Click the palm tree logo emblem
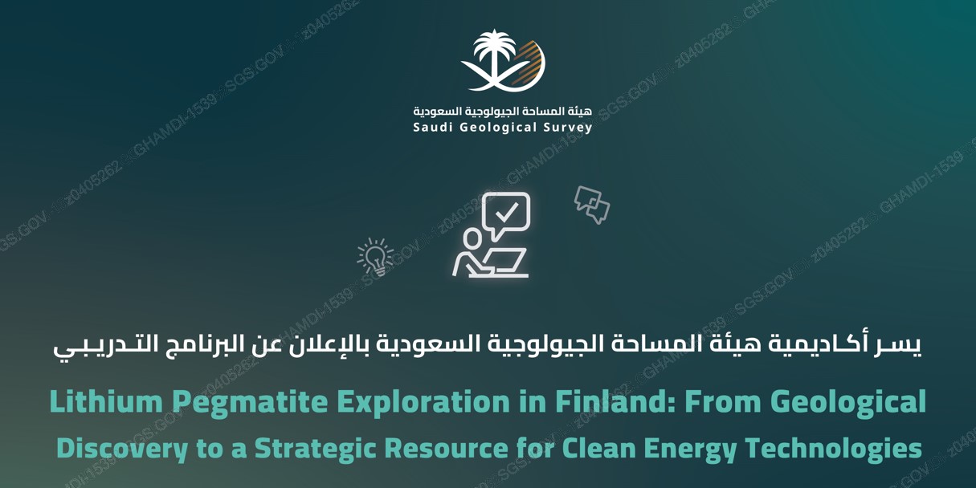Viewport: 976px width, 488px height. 503,61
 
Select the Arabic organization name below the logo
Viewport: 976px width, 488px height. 502,110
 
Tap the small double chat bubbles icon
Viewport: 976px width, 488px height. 592,203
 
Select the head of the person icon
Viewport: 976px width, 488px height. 473,238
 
